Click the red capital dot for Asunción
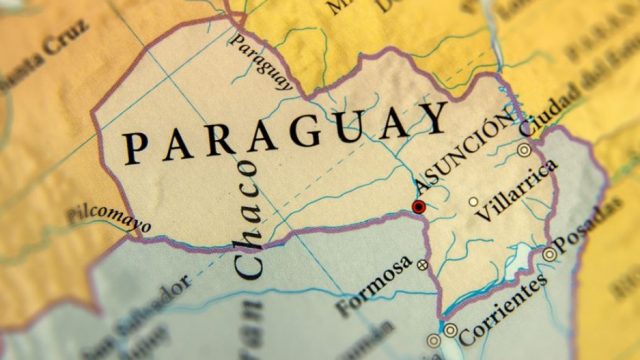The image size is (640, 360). click(x=418, y=207)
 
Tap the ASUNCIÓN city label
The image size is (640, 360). click(x=464, y=159)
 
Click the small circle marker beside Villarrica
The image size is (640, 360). click(x=473, y=201)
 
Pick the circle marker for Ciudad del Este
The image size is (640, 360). click(x=524, y=150)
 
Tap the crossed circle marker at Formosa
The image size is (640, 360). click(x=422, y=265)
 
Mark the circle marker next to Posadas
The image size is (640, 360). click(x=549, y=255)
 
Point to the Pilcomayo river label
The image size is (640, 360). click(x=109, y=216)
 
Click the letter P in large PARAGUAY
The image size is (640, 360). click(x=133, y=148)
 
